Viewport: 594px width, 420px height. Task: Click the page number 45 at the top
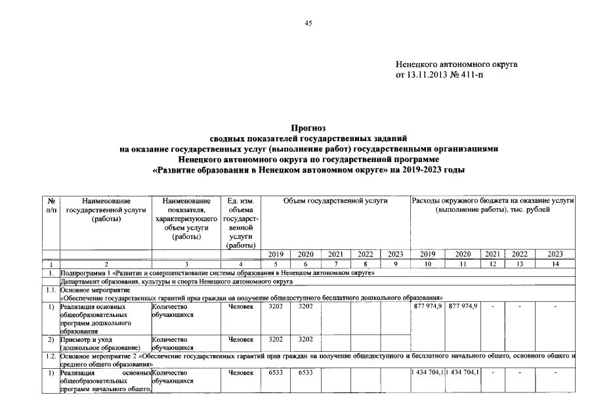pos(308,24)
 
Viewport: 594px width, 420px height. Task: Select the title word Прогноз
pos(308,127)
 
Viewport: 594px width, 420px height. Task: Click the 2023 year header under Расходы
pos(554,254)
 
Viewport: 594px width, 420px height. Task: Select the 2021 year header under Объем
pos(335,254)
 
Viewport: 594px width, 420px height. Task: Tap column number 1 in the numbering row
pos(51,263)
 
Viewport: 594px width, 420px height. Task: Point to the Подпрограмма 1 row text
pos(217,272)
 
